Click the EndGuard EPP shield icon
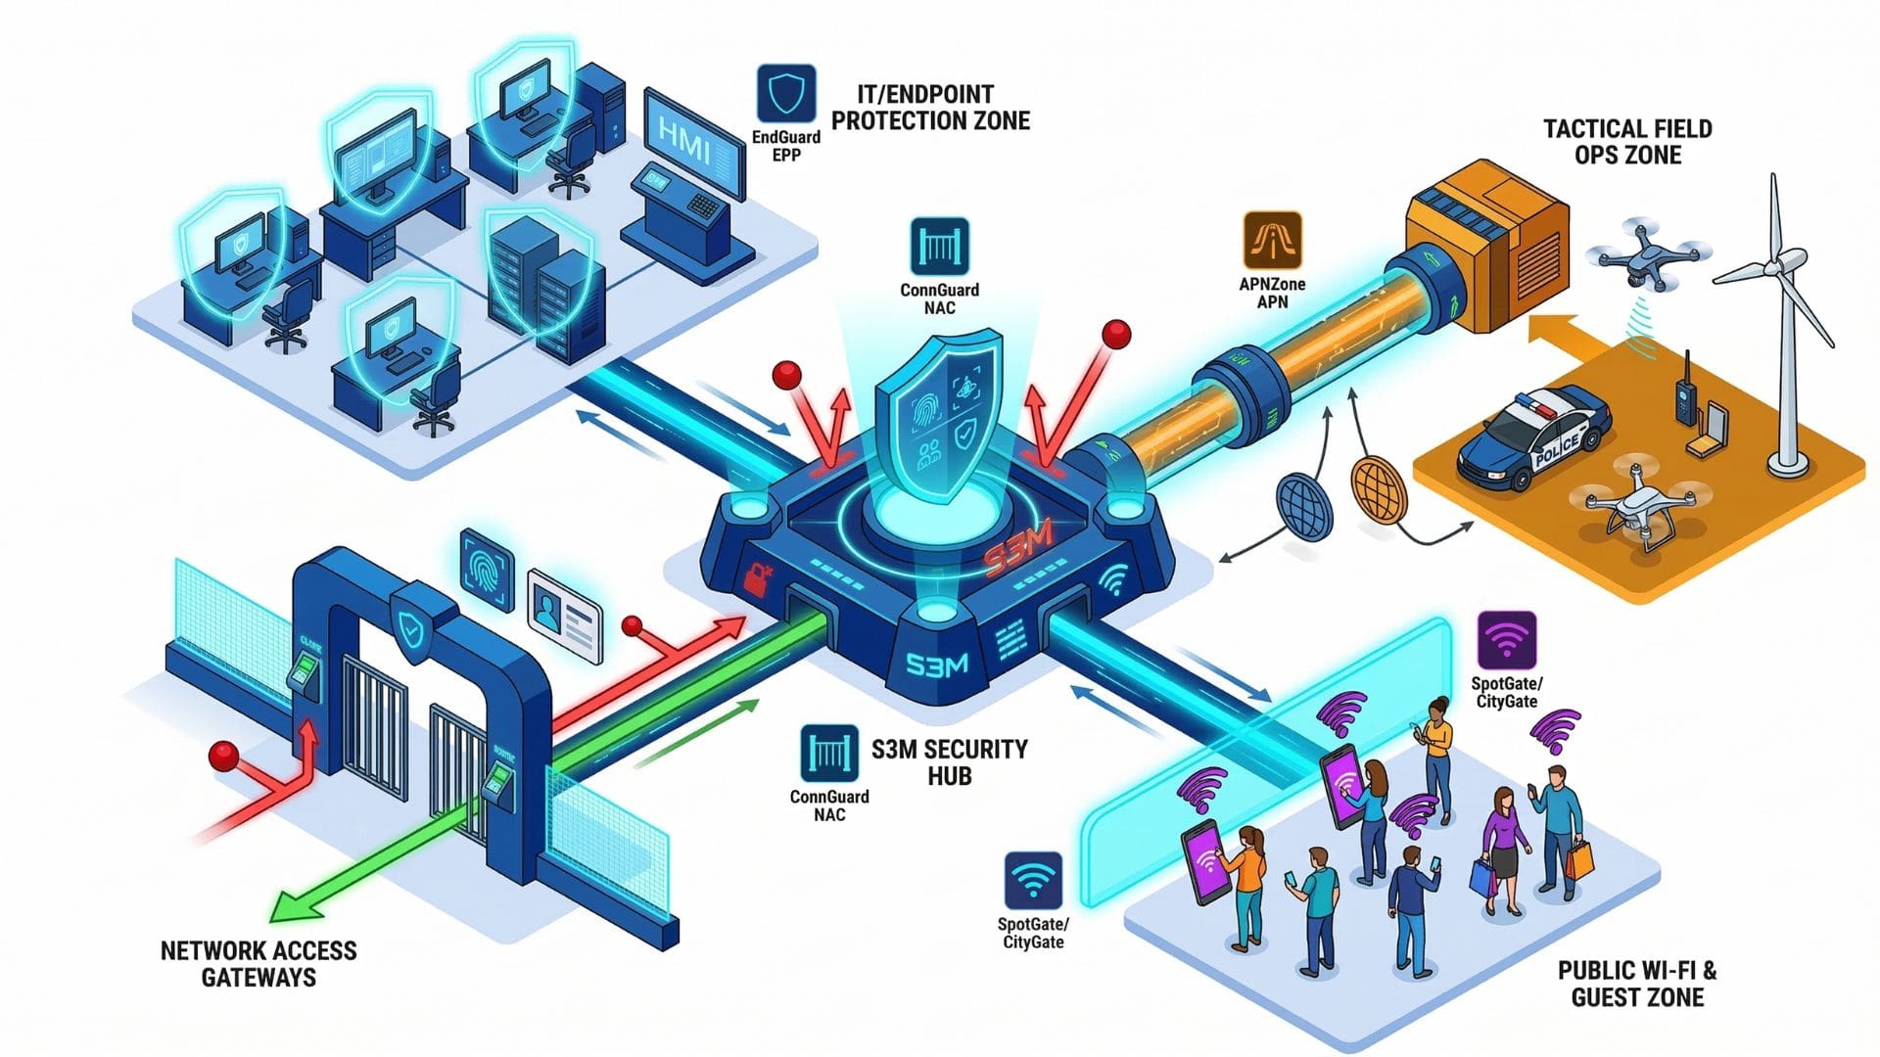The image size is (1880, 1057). pyautogui.click(x=786, y=94)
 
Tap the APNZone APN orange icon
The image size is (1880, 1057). pyautogui.click(x=1272, y=241)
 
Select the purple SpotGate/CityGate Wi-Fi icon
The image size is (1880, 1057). pyautogui.click(x=1506, y=640)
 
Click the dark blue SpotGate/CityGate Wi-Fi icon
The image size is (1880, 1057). pyautogui.click(x=1033, y=881)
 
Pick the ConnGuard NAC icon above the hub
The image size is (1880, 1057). pyautogui.click(x=939, y=246)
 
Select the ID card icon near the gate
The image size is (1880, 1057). pyautogui.click(x=565, y=616)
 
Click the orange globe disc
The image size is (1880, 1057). pyautogui.click(x=1378, y=489)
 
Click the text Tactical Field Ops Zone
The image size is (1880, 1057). pyautogui.click(x=1627, y=142)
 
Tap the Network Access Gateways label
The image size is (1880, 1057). pyautogui.click(x=258, y=964)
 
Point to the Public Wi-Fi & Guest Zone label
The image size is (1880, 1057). pyautogui.click(x=1637, y=984)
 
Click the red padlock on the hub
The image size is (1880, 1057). pyautogui.click(x=755, y=578)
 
